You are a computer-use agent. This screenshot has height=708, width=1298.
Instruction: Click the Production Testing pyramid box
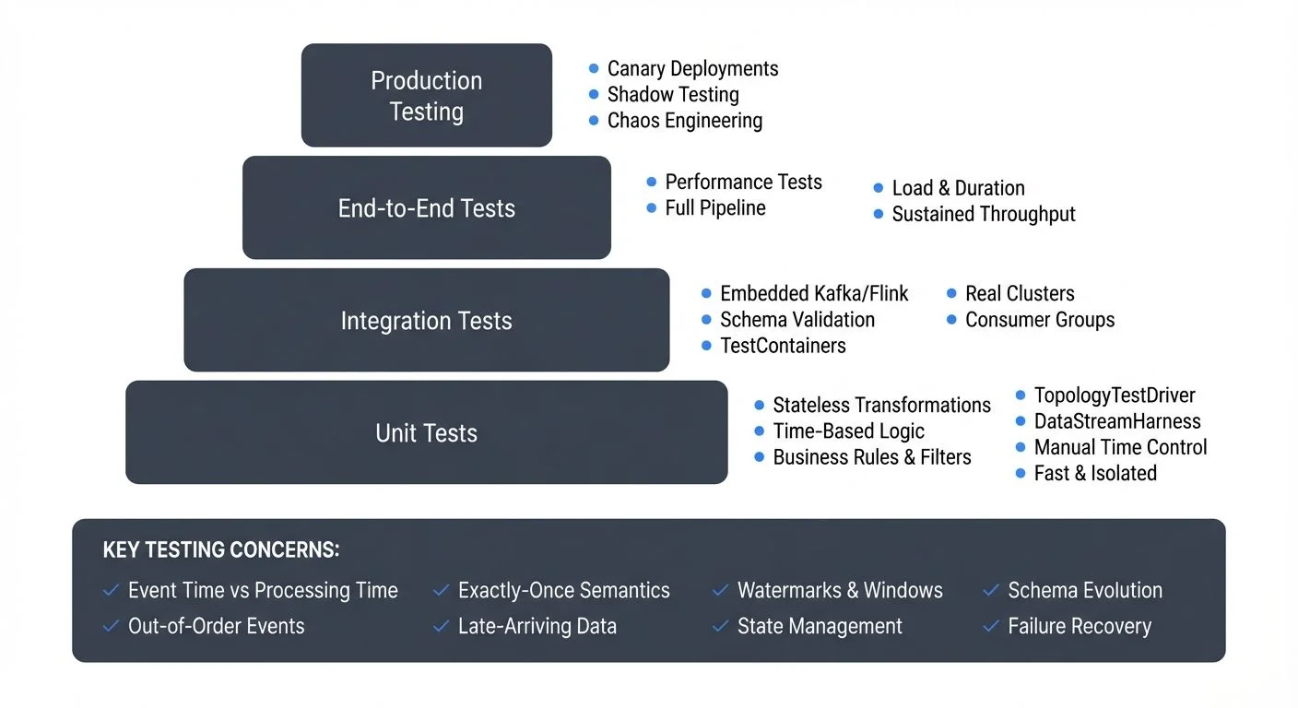426,95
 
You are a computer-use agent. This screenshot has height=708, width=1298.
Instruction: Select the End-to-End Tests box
426,207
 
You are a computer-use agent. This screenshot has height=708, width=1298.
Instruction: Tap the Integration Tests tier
426,320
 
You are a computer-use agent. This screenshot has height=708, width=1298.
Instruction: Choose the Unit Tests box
426,432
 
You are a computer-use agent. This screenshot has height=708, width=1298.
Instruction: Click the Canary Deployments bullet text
692,68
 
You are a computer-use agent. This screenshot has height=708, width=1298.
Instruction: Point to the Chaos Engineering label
684,121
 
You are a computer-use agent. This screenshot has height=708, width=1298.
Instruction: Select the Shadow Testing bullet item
673,94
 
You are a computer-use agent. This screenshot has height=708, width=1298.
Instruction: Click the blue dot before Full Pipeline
652,208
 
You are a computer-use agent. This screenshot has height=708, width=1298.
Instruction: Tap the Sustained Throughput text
984,214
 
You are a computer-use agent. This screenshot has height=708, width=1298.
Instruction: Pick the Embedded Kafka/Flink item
814,293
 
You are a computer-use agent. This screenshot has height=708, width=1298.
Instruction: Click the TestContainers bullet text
783,346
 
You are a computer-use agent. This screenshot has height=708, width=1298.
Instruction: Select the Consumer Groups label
1040,320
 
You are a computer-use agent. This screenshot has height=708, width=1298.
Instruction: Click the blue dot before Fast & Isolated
1021,474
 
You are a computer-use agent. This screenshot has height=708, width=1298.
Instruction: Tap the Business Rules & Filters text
872,457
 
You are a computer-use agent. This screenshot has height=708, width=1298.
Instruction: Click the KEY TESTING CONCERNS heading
221,550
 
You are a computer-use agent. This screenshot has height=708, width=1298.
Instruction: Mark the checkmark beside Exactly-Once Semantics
441,591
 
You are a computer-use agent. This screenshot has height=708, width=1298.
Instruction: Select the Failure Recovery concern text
1080,627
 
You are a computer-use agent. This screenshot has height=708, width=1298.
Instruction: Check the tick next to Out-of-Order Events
111,627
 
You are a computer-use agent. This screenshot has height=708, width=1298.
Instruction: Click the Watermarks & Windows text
840,591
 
